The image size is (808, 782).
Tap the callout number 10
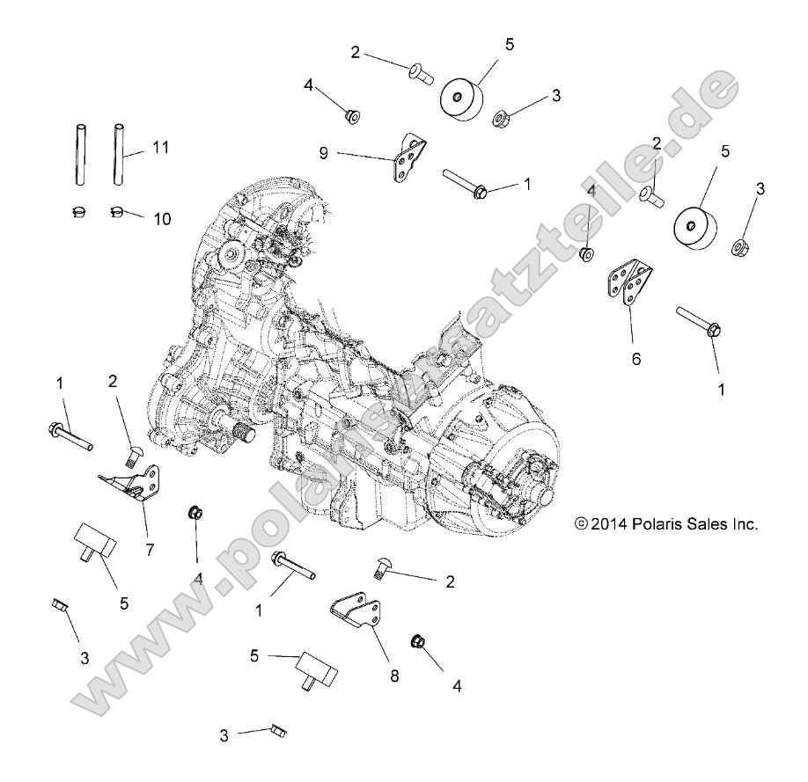click(163, 217)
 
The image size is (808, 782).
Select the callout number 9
click(325, 153)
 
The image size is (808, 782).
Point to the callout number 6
click(635, 358)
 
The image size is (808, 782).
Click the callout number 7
click(150, 550)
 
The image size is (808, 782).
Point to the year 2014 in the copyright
click(608, 523)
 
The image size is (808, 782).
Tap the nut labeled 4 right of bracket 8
click(419, 641)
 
